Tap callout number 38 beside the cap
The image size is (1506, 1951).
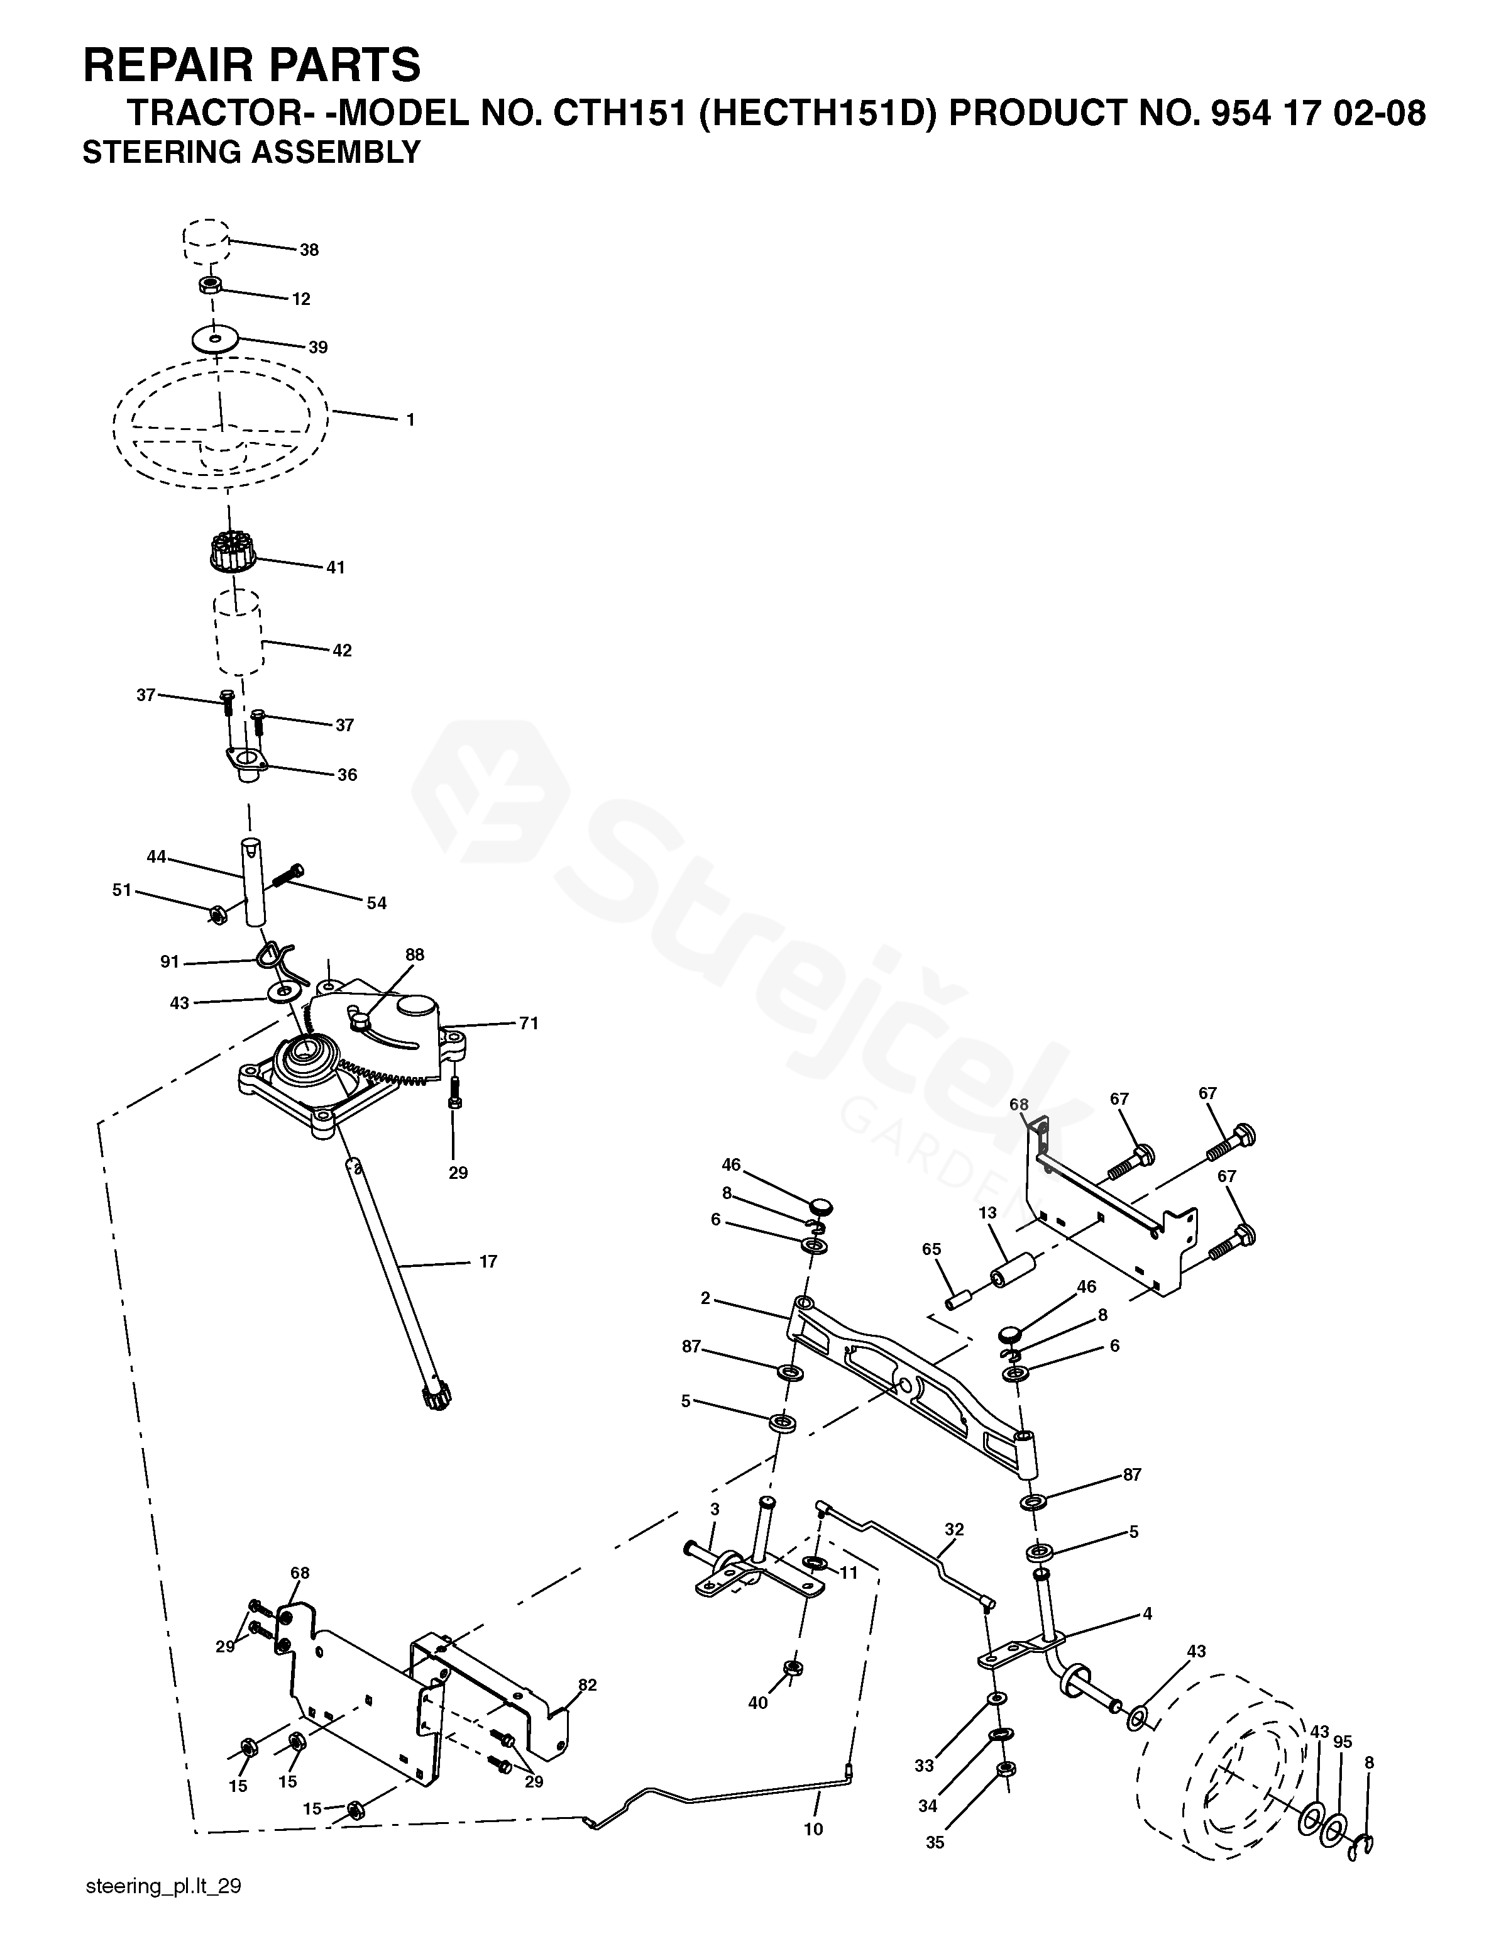point(309,250)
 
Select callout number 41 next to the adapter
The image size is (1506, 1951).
point(335,567)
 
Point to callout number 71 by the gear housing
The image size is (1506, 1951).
point(529,1023)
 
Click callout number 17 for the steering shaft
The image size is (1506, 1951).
point(488,1261)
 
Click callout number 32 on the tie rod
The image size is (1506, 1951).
point(954,1529)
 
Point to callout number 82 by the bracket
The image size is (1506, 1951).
point(587,1685)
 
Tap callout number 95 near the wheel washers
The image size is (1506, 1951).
point(1343,1742)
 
